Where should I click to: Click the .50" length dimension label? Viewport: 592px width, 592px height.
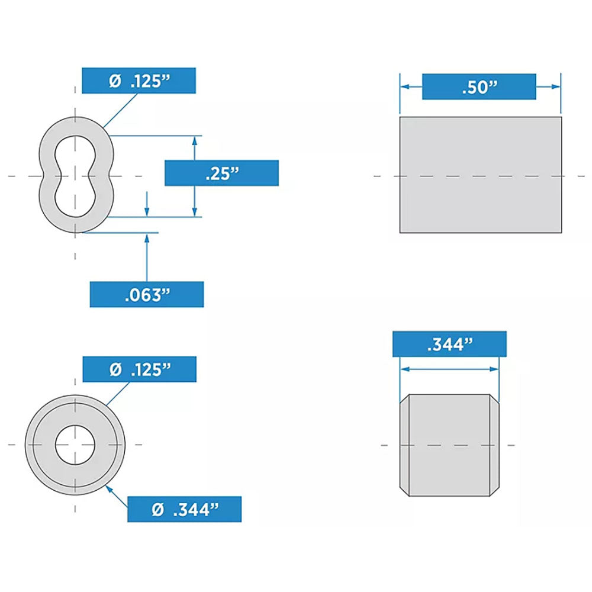(479, 86)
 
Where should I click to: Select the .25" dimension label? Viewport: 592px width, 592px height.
(221, 173)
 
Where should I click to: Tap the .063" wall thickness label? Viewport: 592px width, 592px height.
(146, 294)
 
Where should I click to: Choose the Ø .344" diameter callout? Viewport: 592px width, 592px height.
(184, 509)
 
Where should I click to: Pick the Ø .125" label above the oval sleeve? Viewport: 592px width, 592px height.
(139, 81)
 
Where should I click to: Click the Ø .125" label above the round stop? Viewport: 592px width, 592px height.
(139, 369)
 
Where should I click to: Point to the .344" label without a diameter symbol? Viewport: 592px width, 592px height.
(449, 344)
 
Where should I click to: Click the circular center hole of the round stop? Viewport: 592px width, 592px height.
(75, 444)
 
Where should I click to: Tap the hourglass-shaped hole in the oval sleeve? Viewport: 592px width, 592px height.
(75, 175)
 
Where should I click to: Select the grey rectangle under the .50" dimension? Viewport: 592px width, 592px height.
(480, 175)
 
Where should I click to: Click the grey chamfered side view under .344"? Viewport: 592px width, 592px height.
(449, 445)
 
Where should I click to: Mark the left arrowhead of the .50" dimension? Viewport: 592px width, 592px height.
(404, 86)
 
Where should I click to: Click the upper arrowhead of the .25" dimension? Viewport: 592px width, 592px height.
(195, 140)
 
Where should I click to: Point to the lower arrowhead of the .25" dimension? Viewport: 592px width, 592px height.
(195, 213)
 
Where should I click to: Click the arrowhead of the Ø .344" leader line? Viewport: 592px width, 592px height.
(108, 487)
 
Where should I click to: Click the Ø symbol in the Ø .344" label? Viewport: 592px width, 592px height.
(157, 509)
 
